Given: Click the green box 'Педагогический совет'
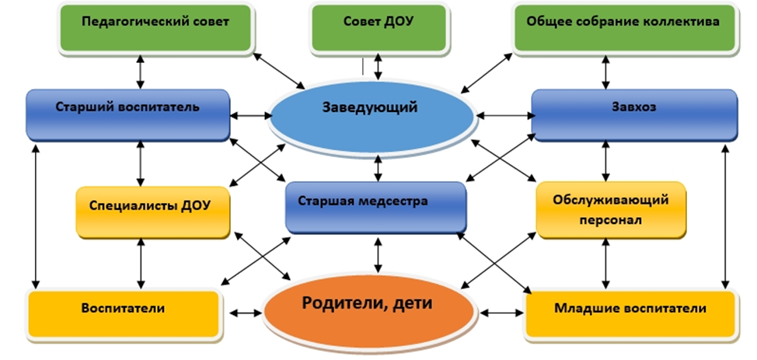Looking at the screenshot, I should [x=155, y=23].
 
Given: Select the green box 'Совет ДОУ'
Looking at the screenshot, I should [x=378, y=23].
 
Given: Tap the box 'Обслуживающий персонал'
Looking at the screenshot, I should [x=613, y=209].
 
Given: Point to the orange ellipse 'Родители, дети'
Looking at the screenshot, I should [x=369, y=308].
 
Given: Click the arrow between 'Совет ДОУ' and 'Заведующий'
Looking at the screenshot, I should [x=378, y=65].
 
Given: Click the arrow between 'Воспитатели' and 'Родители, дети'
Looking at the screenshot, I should [x=248, y=313].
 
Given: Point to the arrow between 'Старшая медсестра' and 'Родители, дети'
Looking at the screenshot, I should [x=378, y=254].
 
